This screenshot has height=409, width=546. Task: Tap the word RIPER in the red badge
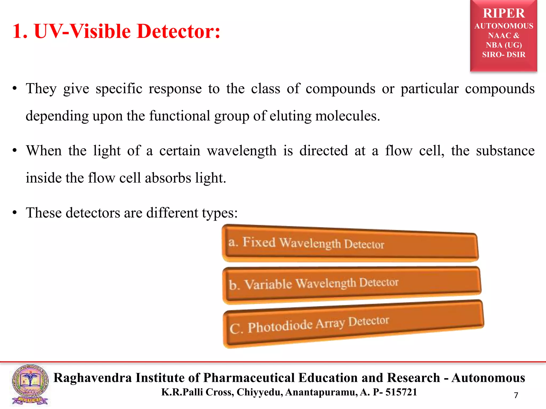(x=504, y=13)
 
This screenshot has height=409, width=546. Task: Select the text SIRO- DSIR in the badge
(x=504, y=55)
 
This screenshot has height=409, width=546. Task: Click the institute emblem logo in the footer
(x=30, y=385)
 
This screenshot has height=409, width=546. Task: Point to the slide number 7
(x=516, y=395)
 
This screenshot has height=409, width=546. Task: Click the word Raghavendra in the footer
(x=93, y=378)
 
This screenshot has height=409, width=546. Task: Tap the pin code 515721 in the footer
(x=401, y=392)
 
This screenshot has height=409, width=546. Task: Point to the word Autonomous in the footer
(x=488, y=378)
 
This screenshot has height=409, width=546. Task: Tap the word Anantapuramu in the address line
(x=321, y=392)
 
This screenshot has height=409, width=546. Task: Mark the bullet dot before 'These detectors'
(x=15, y=213)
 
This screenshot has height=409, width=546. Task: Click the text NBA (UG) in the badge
(x=504, y=45)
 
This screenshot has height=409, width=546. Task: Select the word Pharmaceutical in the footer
(x=249, y=378)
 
